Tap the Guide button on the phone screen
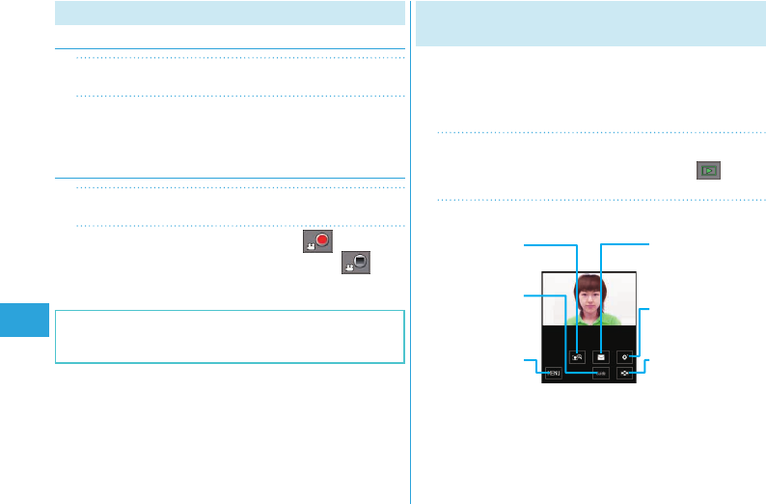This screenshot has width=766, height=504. tap(601, 374)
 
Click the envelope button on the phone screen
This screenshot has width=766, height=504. tap(601, 356)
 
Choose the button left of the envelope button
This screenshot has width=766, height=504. tap(578, 356)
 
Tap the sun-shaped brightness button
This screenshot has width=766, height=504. tap(625, 356)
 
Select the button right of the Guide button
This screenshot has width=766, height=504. tap(625, 374)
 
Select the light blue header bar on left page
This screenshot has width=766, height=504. tap(230, 13)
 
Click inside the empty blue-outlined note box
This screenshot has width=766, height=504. tap(230, 336)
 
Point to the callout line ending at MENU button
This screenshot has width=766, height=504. tap(532, 363)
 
